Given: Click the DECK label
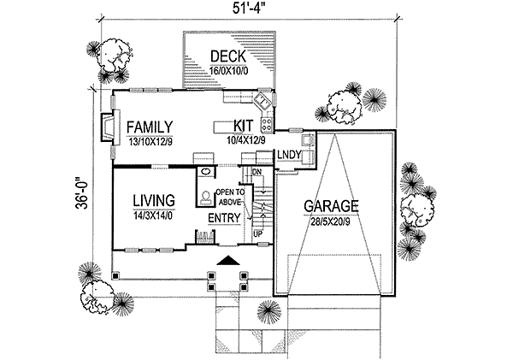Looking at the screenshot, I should (228, 56).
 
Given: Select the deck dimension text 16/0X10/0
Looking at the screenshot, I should (228, 71).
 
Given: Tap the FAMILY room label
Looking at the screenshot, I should (151, 125).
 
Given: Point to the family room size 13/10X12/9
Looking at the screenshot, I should (151, 141).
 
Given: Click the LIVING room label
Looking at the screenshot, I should (154, 200).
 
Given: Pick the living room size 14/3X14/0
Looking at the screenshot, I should (154, 216).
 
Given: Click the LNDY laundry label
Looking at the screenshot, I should (286, 155).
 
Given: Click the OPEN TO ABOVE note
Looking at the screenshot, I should (229, 198).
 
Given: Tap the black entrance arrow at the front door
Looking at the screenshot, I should (227, 260).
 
